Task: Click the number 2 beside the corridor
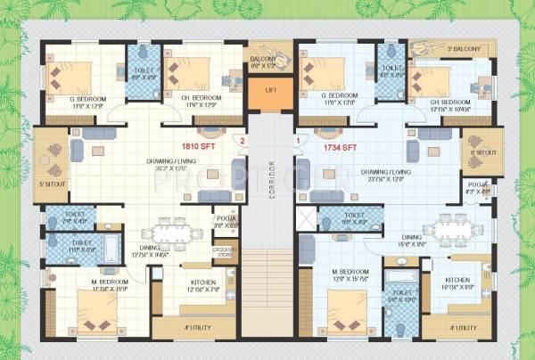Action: point(241,141)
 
